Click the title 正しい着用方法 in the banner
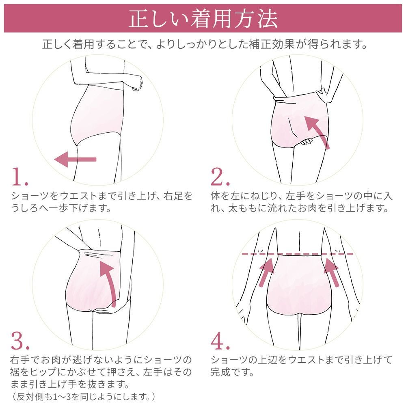(x=203, y=18)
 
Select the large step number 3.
(x=20, y=341)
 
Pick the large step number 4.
(x=220, y=341)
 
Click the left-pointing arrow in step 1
(x=75, y=159)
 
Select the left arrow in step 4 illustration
(x=266, y=272)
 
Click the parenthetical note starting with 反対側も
(x=83, y=396)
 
